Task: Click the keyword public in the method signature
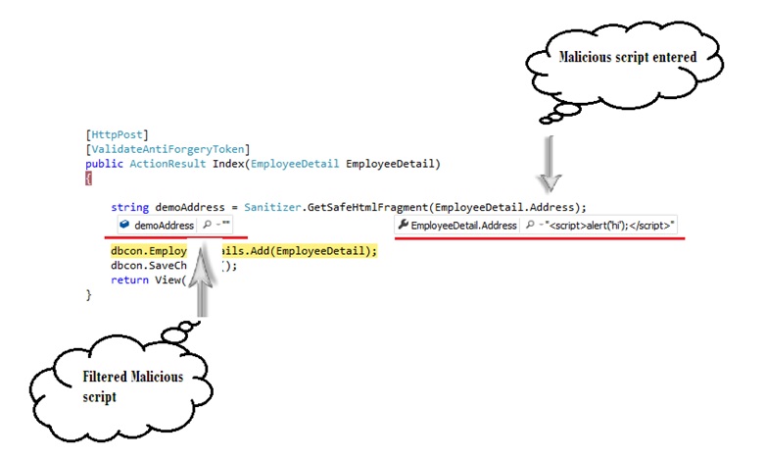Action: point(105,164)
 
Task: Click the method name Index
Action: point(228,164)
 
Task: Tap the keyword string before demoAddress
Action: point(130,207)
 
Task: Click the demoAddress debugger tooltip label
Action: point(164,226)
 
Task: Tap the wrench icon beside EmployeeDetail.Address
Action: point(403,226)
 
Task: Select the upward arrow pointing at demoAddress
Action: point(203,280)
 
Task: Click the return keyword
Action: point(130,280)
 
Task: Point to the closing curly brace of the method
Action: point(89,294)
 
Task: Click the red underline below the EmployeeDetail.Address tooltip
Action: point(538,237)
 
